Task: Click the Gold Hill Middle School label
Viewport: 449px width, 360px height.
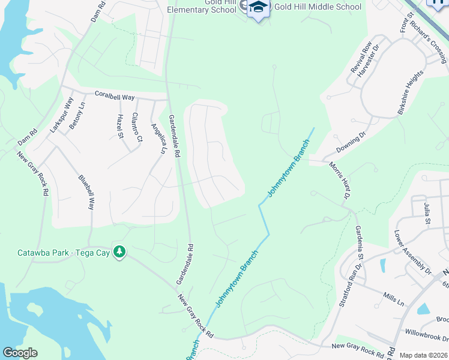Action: (318, 7)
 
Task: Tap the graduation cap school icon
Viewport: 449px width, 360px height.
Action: (259, 7)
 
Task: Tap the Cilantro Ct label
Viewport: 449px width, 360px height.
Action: (137, 127)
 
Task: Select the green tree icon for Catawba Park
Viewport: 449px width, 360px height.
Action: (120, 252)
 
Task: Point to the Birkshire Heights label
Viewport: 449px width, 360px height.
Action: (411, 93)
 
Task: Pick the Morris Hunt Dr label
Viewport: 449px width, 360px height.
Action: (339, 179)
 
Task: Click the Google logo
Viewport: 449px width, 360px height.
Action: (20, 353)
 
